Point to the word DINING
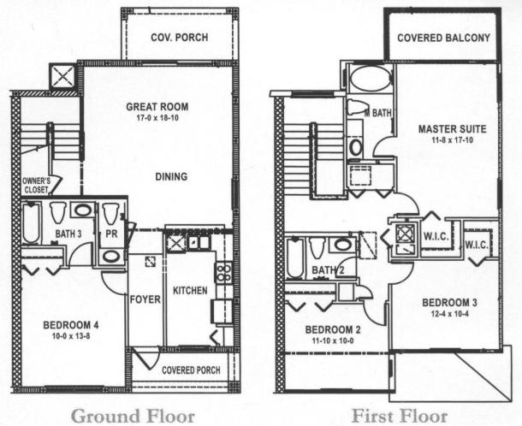pos(171,177)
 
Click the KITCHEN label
pos(190,291)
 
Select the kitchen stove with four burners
pos(222,273)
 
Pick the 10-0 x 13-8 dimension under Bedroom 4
pos(73,336)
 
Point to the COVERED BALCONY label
pos(444,38)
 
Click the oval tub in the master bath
pos(371,78)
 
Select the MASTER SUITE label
pos(453,129)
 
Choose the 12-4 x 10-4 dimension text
pos(449,314)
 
